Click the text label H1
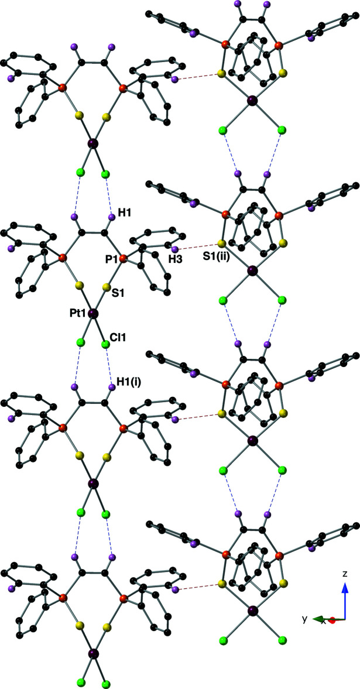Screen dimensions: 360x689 click(x=124, y=214)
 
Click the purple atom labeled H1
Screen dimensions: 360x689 click(x=111, y=217)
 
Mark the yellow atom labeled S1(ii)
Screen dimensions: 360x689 click(x=221, y=244)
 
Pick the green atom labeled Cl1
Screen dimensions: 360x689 click(x=105, y=344)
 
